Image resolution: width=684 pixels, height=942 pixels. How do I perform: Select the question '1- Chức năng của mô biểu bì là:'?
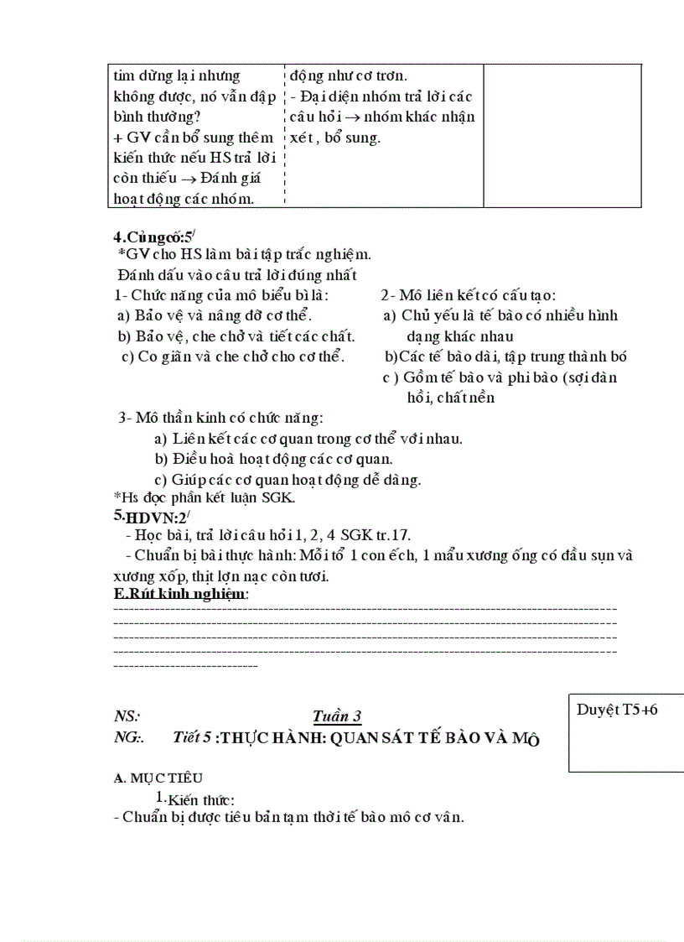(221, 294)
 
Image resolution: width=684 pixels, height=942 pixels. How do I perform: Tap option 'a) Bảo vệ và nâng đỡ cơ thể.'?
(214, 315)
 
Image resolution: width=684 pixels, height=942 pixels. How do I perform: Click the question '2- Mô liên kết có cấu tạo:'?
(469, 294)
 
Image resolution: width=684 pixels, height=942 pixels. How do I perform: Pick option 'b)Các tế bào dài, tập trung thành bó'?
(505, 357)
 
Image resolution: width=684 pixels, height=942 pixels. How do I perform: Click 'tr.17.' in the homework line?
(391, 534)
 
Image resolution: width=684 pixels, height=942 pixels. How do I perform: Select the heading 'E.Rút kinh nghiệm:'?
(180, 593)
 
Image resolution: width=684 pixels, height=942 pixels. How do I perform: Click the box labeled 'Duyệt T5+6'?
(617, 710)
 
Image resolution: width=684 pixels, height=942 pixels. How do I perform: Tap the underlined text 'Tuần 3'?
(336, 716)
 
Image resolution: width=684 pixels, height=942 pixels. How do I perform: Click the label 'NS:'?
(127, 716)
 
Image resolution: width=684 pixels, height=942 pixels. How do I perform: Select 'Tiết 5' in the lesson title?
(192, 737)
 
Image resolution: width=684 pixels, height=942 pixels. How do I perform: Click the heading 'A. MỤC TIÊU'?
(158, 778)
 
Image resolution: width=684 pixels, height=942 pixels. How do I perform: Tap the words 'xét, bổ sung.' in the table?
(334, 138)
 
